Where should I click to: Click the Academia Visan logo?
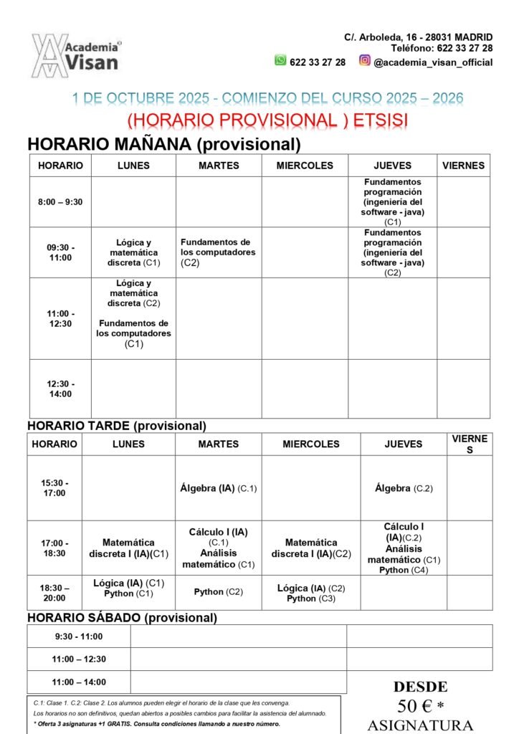[x=75, y=55]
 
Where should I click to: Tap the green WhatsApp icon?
[x=280, y=61]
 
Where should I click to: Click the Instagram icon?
[x=365, y=61]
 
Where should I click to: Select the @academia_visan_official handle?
[x=433, y=62]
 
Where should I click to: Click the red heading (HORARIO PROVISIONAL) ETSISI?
[x=267, y=120]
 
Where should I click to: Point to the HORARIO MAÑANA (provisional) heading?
[x=163, y=144]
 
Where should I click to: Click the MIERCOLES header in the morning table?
[x=305, y=166]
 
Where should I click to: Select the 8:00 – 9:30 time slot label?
[x=60, y=202]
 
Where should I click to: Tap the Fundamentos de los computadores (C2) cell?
[x=218, y=252]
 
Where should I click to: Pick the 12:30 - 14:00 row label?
[x=60, y=389]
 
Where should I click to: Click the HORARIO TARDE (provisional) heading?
[x=117, y=426]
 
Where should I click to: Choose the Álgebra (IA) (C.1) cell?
[x=218, y=488]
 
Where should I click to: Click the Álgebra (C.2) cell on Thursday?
[x=404, y=488]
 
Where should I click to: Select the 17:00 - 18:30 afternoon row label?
[x=54, y=548]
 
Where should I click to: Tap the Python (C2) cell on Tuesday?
[x=218, y=592]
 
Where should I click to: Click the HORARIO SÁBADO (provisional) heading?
[x=122, y=617]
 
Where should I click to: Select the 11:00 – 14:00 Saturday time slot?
[x=79, y=682]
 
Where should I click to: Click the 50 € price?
[x=420, y=706]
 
